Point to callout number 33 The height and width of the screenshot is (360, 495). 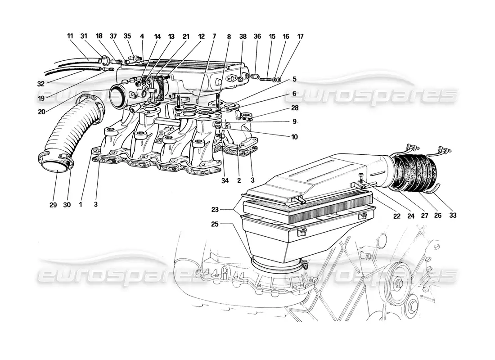[x=453, y=216]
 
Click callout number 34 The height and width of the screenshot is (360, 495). [x=225, y=181]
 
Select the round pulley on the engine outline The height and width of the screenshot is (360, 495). [x=397, y=281]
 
